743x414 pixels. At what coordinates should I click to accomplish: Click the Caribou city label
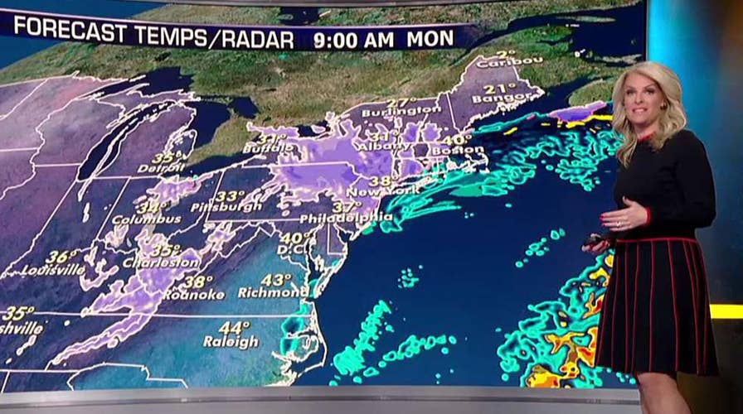498,61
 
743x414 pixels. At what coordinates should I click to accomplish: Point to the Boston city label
463,151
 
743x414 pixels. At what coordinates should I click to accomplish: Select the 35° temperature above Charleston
165,250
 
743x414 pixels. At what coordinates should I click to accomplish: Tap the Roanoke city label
193,294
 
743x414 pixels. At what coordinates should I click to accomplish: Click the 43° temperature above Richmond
276,280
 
